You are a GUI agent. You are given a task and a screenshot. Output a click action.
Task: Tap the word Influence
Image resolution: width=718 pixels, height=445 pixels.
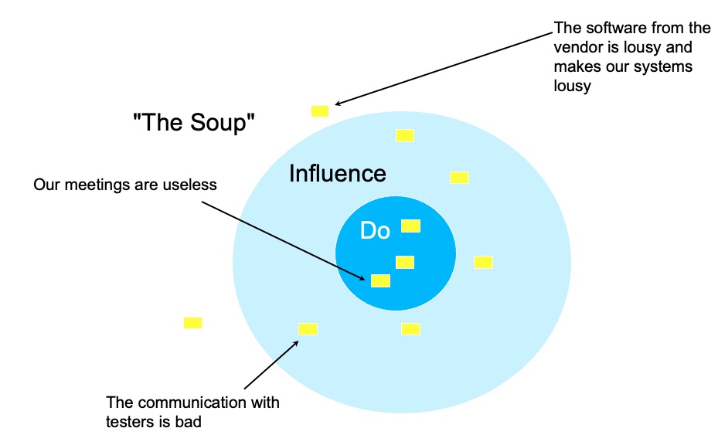point(337,174)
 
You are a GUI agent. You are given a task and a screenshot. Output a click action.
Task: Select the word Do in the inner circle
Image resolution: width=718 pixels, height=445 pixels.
point(376,231)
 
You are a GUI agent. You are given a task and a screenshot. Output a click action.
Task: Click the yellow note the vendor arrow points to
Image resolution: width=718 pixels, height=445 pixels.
point(320,111)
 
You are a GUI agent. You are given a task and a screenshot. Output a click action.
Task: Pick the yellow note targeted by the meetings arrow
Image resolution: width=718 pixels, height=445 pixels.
point(380,280)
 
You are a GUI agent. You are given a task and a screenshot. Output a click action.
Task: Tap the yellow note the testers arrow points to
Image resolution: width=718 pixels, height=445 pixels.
point(308,329)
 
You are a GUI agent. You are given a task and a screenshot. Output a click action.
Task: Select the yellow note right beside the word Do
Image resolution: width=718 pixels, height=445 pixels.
point(410,226)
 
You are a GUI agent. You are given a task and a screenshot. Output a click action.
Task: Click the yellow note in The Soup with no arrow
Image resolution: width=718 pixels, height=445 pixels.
point(192,323)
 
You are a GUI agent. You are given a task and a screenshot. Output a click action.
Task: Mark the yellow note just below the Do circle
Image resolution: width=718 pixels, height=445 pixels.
point(410,329)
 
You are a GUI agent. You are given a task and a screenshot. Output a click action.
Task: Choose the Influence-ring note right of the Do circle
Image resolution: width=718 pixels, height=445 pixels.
point(483,262)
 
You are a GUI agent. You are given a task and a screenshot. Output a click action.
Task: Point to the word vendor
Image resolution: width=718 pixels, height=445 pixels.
point(577,47)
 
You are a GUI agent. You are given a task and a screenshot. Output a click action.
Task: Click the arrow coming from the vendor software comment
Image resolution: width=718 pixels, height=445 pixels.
point(443,67)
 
